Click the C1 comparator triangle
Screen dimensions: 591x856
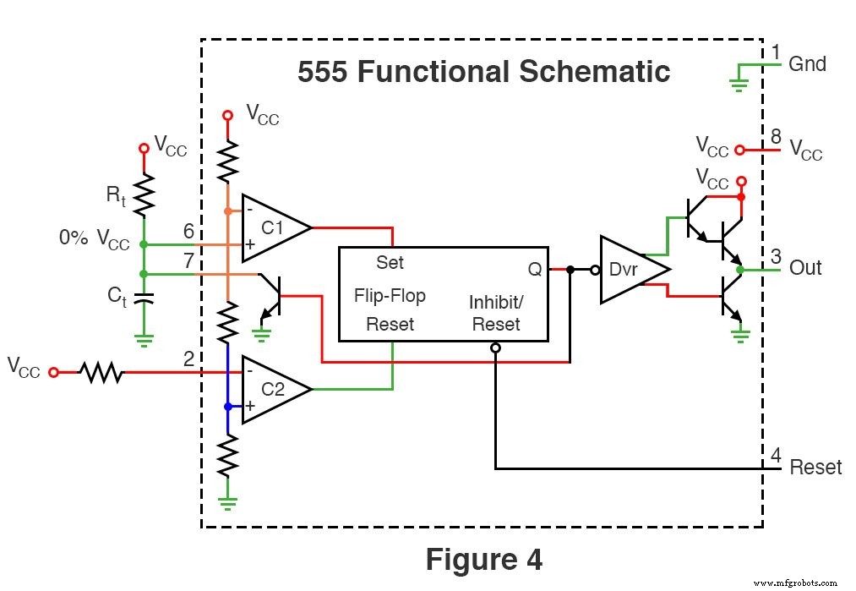pos(270,227)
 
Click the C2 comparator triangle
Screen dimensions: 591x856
pos(270,389)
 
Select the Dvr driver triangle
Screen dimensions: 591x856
pos(630,270)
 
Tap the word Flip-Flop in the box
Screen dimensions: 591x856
pos(390,296)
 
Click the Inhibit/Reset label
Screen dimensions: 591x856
pos(496,313)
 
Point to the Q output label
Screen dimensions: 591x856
pos(535,268)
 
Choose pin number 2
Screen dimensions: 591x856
pos(188,358)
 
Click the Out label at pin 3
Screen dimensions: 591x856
pos(805,268)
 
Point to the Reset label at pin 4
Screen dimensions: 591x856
pos(815,468)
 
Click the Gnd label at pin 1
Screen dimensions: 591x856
pos(807,64)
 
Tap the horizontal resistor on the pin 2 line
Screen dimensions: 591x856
pos(101,372)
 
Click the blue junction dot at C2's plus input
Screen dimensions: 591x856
pos(227,406)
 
